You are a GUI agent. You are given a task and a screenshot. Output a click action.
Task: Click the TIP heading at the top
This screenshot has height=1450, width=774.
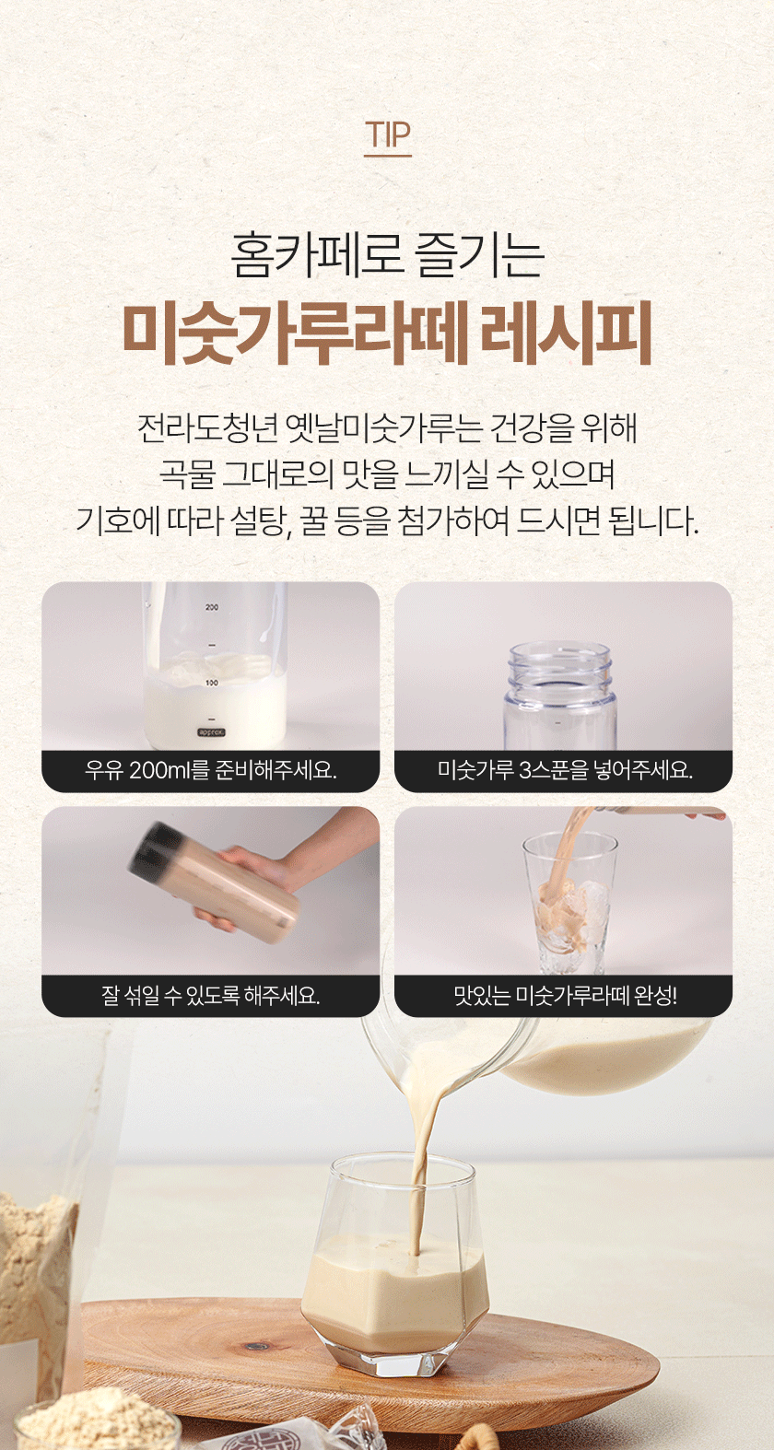pos(387,134)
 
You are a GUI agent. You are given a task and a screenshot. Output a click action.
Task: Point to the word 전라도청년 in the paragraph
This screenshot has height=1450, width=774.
pos(208,427)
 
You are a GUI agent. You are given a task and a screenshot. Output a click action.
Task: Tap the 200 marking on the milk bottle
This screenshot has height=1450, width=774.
pos(212,607)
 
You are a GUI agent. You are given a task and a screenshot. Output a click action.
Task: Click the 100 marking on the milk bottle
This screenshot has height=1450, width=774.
pos(212,683)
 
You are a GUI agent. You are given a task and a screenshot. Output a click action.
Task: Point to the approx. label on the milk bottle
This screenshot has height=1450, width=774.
pos(211,732)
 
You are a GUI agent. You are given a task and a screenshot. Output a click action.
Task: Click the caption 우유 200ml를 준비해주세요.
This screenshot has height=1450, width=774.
pos(210,770)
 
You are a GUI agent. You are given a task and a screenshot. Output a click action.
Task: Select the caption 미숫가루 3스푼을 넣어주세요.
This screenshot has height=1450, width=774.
pos(564,770)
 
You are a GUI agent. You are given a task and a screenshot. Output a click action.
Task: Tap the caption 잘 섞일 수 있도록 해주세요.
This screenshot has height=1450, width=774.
pos(210,995)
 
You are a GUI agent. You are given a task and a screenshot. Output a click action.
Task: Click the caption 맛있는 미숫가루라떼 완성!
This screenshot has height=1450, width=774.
pos(565,995)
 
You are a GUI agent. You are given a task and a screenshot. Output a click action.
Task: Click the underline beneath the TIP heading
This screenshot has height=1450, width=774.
pos(387,156)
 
